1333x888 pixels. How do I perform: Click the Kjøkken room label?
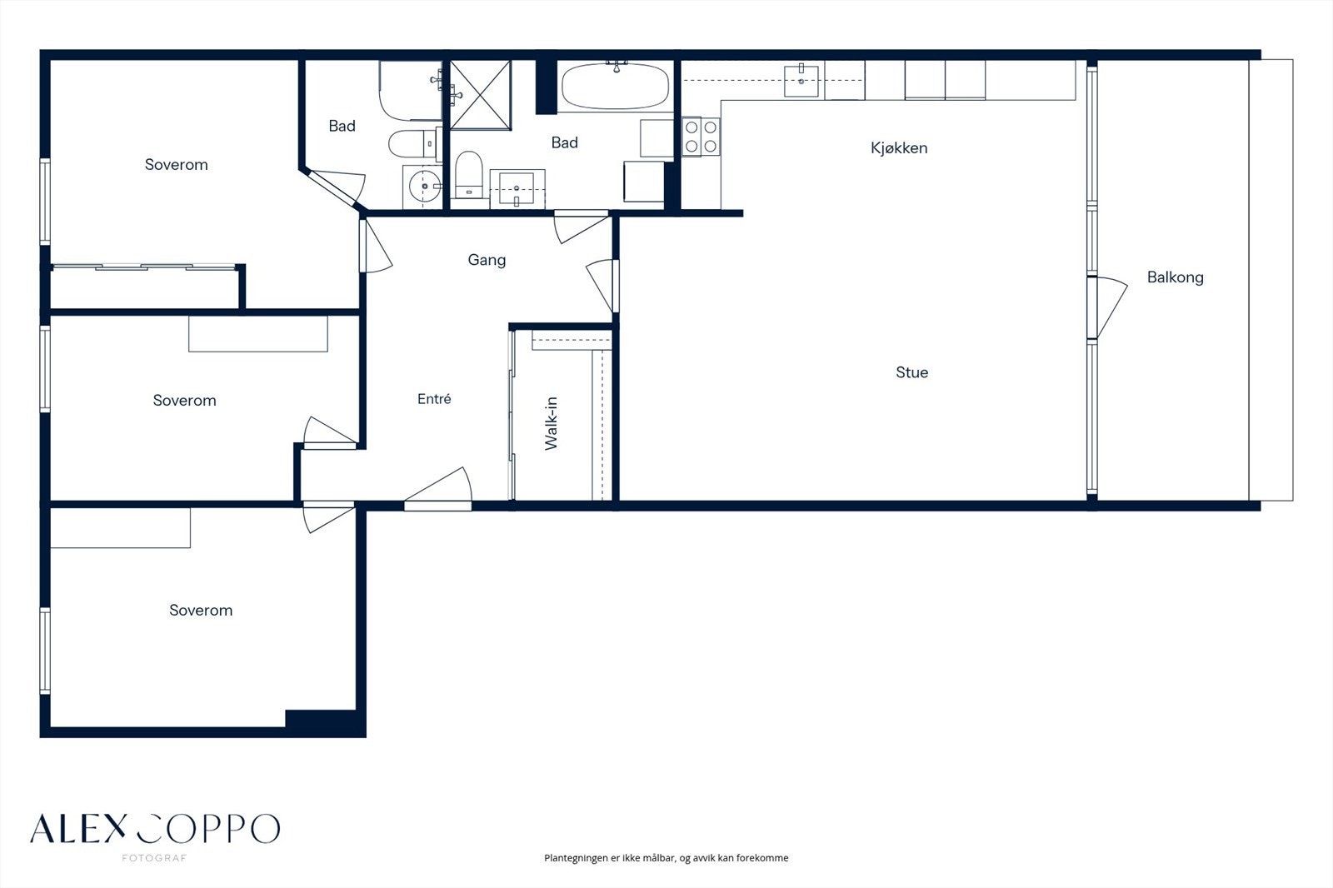click(x=899, y=147)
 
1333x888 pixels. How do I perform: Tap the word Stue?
click(x=911, y=372)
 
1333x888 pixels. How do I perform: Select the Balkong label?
click(x=1176, y=277)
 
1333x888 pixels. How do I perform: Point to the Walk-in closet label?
click(x=551, y=423)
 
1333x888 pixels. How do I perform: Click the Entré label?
click(x=434, y=399)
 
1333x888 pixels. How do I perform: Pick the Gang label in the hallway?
click(x=487, y=260)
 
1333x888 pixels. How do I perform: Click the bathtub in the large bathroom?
click(x=616, y=87)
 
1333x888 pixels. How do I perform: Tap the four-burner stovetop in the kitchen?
click(x=701, y=137)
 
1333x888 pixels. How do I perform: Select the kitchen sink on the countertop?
click(x=801, y=80)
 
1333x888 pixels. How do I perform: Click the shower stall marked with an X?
click(x=480, y=95)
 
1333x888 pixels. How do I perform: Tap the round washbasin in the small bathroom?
click(x=424, y=187)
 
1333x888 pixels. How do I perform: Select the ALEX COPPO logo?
click(x=155, y=828)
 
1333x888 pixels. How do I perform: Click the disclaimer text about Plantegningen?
click(x=666, y=858)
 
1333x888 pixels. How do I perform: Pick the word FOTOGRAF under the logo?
click(x=155, y=858)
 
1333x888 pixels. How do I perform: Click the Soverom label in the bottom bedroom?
click(x=201, y=611)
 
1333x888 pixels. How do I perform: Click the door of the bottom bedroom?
click(x=328, y=517)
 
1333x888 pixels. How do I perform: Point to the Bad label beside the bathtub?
click(x=564, y=142)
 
